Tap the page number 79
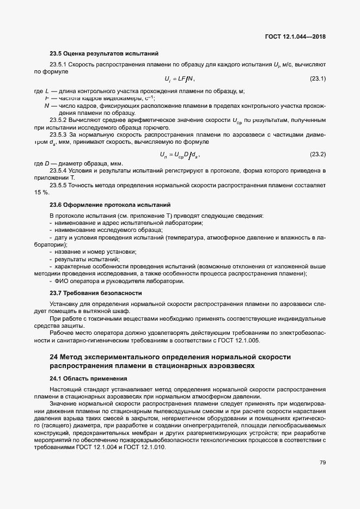tap(322, 463)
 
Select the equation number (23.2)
tap(318, 155)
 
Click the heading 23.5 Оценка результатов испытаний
tap(104, 54)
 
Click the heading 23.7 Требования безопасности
tap(96, 292)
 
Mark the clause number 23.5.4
tap(58, 170)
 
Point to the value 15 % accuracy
tap(41, 193)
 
